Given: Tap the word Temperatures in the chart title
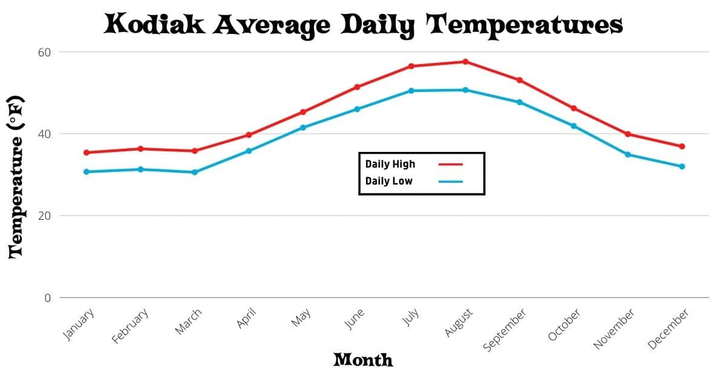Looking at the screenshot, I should tap(525, 25).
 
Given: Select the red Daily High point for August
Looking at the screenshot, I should tap(465, 62).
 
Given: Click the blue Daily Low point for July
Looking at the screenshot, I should tap(411, 91).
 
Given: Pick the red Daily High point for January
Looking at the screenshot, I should tap(86, 152).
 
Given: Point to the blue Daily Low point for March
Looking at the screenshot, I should tap(194, 172).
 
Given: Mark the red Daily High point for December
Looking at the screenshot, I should tap(682, 146).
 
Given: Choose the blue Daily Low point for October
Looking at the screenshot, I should tap(574, 126).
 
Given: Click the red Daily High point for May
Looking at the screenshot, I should tap(302, 112).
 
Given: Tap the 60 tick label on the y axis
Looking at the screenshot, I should tap(44, 52).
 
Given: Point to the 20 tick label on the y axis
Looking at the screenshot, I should tap(44, 216).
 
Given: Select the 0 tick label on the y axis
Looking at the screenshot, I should tap(47, 298).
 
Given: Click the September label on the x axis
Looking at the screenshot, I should tap(506, 329).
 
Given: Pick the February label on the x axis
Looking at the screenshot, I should tap(130, 326).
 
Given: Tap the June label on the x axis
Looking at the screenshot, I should tap(355, 319).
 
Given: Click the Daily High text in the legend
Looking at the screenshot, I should tap(390, 164).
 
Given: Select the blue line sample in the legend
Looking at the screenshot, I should tap(450, 182).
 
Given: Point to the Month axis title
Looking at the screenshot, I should tap(363, 361).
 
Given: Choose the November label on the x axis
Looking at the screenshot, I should tap(614, 329).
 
